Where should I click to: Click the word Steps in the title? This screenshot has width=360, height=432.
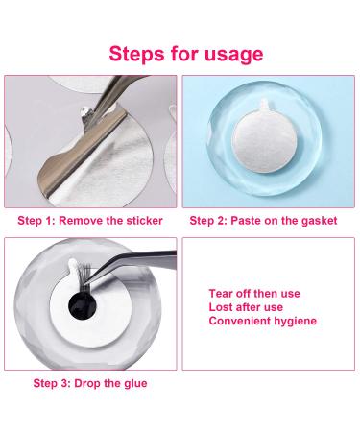[137, 54]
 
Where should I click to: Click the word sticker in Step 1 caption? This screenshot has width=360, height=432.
[145, 221]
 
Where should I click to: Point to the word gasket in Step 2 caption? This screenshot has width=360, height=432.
[320, 221]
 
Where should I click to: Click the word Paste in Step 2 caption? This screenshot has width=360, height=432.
[246, 221]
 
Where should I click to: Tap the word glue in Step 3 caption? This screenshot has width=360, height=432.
[135, 383]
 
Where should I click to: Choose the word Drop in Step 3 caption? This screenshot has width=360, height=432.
[87, 383]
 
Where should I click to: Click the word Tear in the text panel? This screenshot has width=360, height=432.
[221, 294]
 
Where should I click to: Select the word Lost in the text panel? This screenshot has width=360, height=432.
[220, 307]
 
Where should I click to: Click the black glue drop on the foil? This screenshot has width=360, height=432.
[83, 306]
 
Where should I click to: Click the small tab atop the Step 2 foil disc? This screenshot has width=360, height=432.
[264, 105]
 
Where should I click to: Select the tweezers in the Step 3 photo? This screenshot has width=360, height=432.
[134, 263]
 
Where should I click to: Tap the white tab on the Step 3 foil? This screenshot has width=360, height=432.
[74, 269]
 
